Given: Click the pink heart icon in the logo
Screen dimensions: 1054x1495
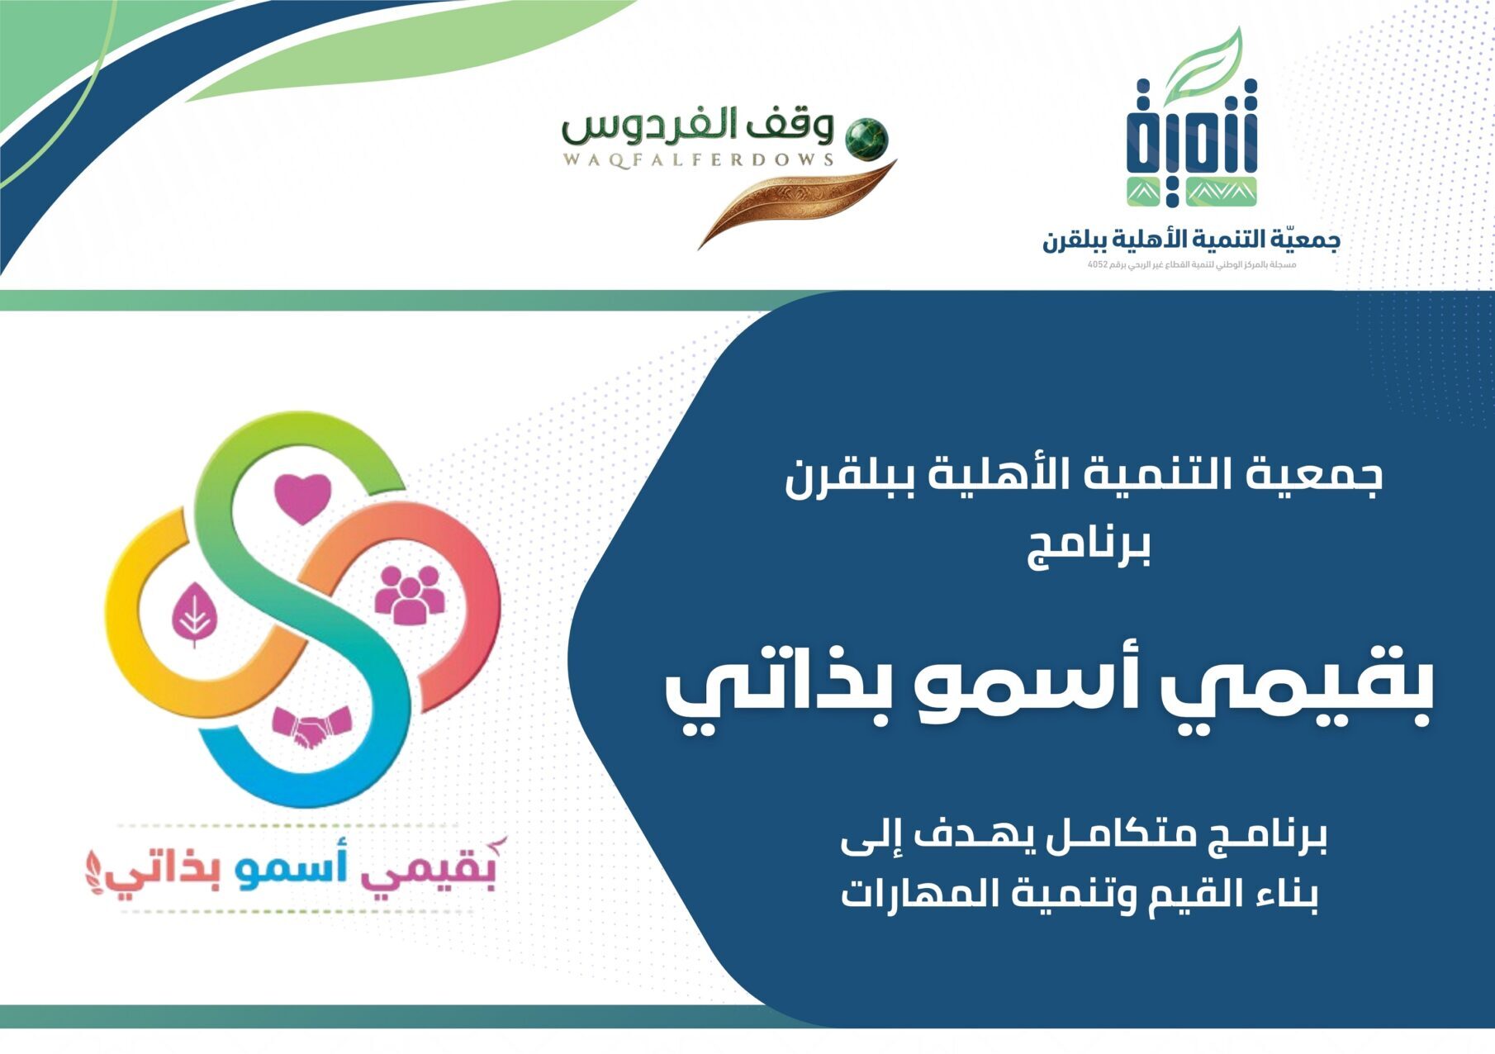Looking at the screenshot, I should (302, 497).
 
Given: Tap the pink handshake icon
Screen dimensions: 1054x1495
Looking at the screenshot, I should (311, 727).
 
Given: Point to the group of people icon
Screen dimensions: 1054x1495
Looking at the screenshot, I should (409, 594).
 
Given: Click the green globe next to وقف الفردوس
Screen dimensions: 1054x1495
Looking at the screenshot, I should (866, 137).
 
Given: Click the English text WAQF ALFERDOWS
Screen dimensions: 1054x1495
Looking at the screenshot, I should (698, 159).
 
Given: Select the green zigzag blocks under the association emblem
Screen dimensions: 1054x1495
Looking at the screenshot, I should (1192, 191).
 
